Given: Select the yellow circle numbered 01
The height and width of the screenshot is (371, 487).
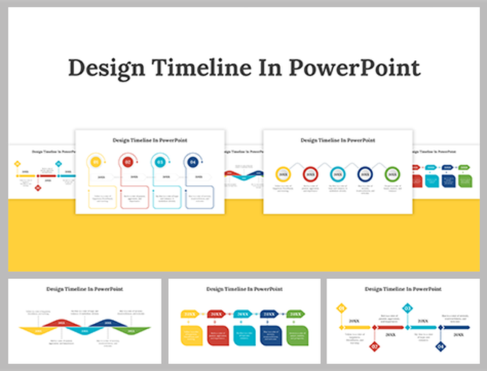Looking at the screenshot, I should [95, 163].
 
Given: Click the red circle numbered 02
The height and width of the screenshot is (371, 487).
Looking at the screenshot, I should [128, 163].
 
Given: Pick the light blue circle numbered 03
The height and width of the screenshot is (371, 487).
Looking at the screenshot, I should [160, 163].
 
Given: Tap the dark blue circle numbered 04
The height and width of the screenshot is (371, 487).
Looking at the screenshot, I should [193, 163].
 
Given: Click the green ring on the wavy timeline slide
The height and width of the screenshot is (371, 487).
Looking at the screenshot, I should [392, 174].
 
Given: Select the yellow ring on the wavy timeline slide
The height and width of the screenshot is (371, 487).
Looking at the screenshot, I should [283, 174].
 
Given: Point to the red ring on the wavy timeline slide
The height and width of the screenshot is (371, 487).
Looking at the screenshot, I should [310, 174].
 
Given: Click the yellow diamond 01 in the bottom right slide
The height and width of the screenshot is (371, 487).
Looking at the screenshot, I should [342, 309].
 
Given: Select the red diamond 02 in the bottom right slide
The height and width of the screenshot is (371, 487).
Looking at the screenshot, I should [375, 347].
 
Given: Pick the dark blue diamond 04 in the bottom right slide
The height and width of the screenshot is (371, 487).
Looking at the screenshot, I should [440, 347].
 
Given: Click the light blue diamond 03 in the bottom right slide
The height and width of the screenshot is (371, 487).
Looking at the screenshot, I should [407, 309].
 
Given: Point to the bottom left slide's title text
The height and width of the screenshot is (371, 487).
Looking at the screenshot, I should [84, 288].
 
